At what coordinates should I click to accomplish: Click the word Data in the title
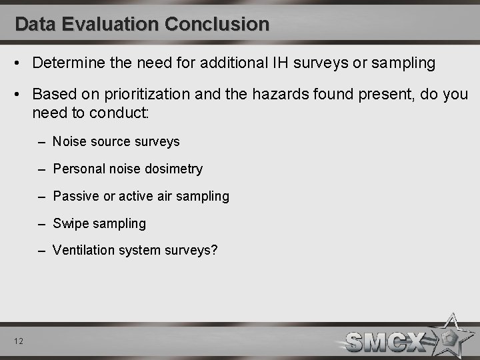point(35,25)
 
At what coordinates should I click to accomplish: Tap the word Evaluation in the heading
point(109,25)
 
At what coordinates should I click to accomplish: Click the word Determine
point(67,63)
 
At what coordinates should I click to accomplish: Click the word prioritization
point(137,95)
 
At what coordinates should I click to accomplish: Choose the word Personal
point(79,169)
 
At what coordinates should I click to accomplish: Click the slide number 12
point(19,341)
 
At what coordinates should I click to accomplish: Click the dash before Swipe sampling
point(43,223)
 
